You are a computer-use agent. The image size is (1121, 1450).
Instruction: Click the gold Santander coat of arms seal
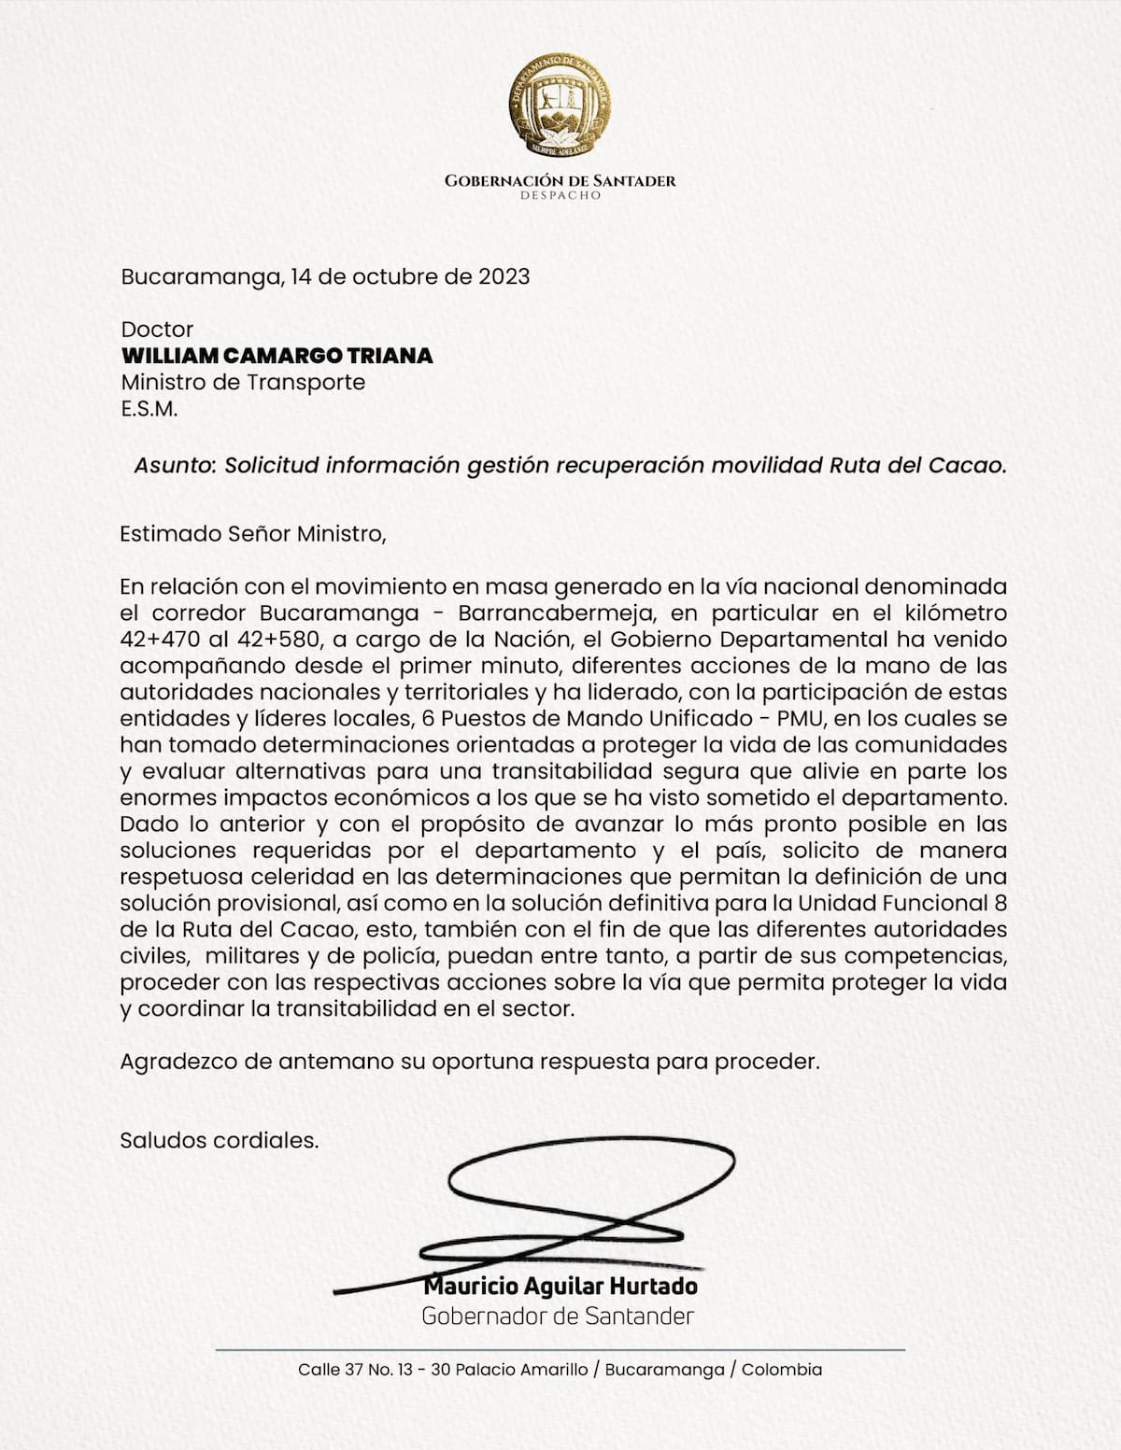point(560,104)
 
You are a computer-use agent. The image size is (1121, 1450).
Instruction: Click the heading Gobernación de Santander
point(560,180)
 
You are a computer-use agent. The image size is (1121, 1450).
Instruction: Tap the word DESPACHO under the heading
point(560,196)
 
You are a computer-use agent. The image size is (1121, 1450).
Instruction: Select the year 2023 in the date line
point(504,277)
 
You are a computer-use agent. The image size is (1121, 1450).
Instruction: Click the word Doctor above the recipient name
point(157,330)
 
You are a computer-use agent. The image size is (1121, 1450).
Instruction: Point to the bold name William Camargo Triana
point(277,356)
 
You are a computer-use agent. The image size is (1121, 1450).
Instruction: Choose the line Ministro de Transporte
point(243,382)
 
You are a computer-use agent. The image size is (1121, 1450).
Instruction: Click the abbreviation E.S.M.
point(149,408)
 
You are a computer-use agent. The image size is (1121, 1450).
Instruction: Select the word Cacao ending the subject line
point(968,465)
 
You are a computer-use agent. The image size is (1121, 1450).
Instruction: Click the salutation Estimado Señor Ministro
point(252,534)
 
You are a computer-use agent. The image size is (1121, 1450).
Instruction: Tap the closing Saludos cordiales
point(220,1140)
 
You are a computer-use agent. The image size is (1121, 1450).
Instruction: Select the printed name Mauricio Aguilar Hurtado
point(560,1287)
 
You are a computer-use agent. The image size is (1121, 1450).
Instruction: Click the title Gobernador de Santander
point(558,1316)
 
